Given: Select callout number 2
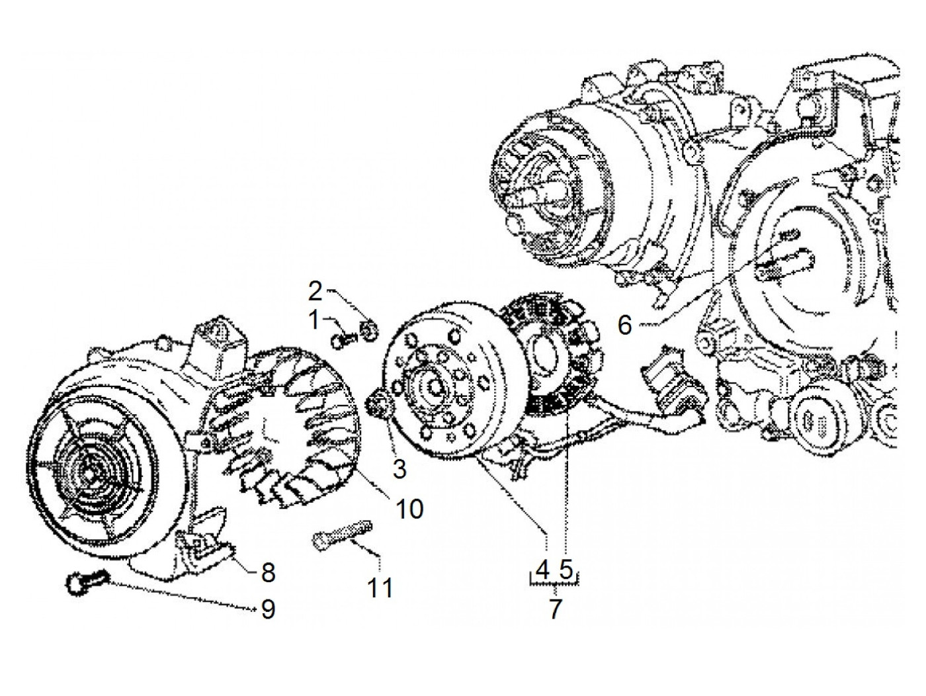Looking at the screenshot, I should [316, 291].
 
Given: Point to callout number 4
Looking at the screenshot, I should [543, 568].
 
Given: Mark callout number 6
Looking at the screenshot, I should [626, 325].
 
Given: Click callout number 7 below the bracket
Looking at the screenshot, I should [555, 608].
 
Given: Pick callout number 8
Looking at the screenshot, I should [268, 573].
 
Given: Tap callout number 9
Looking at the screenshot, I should [268, 609].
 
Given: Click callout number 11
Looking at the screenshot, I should [380, 587].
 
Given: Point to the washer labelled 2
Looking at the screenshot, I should [370, 328].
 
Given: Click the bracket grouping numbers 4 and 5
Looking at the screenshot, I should [555, 583].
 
